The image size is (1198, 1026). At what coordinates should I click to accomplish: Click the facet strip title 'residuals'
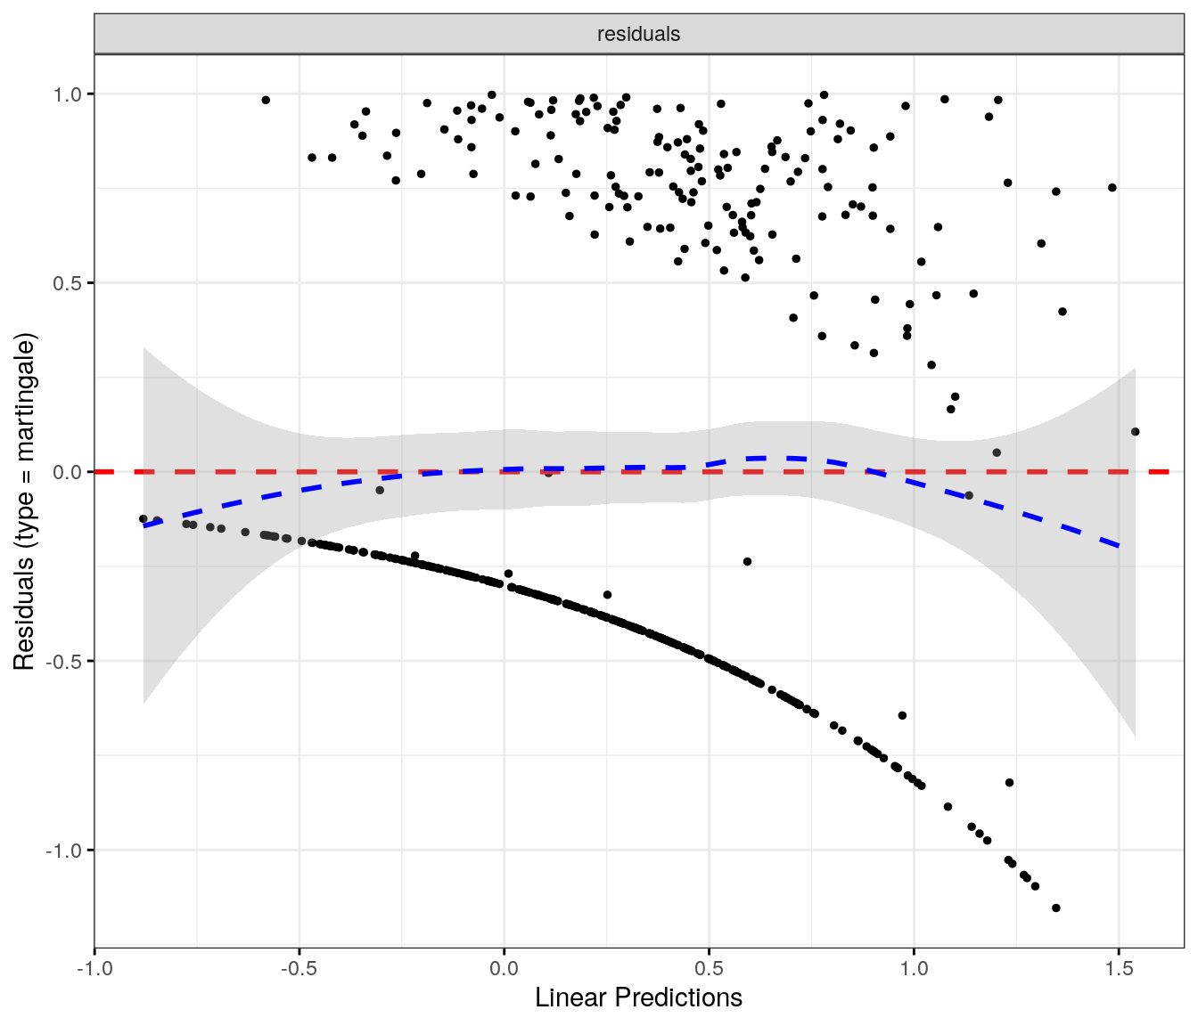point(638,34)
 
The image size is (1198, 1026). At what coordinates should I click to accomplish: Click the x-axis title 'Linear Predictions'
point(638,997)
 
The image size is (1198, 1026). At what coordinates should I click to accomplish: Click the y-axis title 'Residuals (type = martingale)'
point(24,501)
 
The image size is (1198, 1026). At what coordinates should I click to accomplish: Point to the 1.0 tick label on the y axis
point(69,94)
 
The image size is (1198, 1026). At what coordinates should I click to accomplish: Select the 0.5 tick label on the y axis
point(69,283)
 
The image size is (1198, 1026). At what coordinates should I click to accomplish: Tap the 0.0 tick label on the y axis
point(69,472)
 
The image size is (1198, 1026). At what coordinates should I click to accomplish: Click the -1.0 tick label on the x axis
point(94,968)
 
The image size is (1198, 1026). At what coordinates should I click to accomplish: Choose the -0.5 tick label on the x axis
point(299,968)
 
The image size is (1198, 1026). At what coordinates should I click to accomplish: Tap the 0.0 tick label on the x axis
point(504,968)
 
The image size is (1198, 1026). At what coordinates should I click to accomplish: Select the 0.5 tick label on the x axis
point(709,968)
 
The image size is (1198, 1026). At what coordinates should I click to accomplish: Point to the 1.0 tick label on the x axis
point(914,968)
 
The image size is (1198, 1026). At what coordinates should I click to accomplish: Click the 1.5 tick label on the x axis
point(1119,968)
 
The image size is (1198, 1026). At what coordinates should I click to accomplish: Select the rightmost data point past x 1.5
point(1136,432)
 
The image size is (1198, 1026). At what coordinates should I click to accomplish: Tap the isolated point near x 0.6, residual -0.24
point(747,562)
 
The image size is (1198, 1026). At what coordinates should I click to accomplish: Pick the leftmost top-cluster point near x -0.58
point(266,100)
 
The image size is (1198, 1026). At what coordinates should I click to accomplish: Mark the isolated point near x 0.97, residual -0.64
point(902,715)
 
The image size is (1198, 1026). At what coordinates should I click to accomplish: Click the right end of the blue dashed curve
point(1118,545)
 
